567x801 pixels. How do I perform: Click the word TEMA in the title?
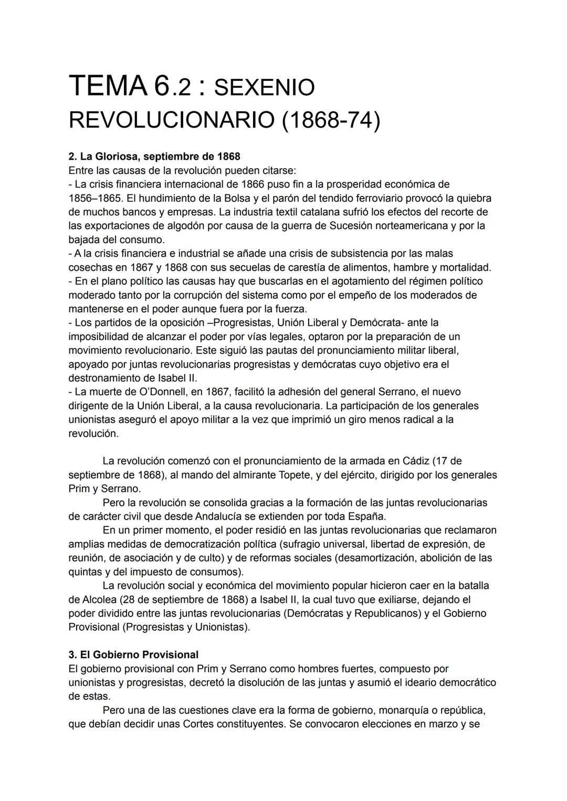(x=108, y=86)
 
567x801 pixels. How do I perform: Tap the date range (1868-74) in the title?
(x=331, y=120)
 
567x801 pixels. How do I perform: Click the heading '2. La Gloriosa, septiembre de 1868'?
(x=154, y=157)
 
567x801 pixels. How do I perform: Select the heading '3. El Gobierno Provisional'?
(x=133, y=655)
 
